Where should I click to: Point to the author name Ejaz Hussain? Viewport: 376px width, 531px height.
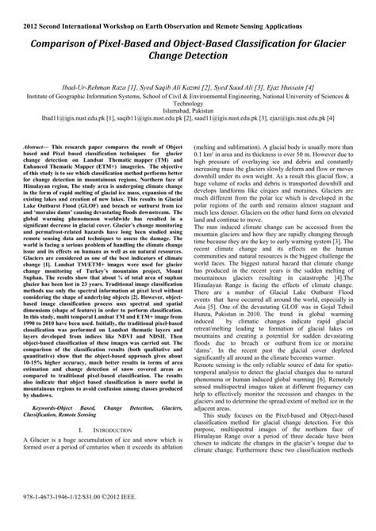[x=291, y=86]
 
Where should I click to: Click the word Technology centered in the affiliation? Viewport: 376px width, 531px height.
[x=188, y=103]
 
